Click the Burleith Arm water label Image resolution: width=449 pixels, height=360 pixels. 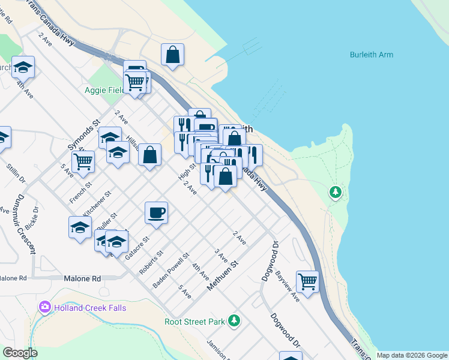click(x=371, y=55)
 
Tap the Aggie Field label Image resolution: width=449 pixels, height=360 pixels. click(x=103, y=90)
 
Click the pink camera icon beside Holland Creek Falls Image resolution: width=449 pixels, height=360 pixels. click(x=44, y=308)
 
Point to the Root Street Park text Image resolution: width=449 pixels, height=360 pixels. click(x=195, y=322)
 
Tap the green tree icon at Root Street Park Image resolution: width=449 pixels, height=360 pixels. click(x=234, y=321)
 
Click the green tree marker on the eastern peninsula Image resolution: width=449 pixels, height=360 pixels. click(x=335, y=193)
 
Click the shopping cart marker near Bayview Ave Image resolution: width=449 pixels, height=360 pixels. click(x=307, y=280)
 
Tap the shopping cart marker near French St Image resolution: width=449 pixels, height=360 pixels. click(x=83, y=160)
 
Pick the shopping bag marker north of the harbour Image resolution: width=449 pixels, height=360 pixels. click(x=172, y=55)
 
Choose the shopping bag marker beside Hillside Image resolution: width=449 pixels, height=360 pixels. click(x=149, y=155)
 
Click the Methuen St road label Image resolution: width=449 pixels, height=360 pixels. click(x=223, y=275)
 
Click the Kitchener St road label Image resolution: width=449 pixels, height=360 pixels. click(x=97, y=204)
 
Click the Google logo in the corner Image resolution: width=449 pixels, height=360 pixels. click(x=20, y=353)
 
